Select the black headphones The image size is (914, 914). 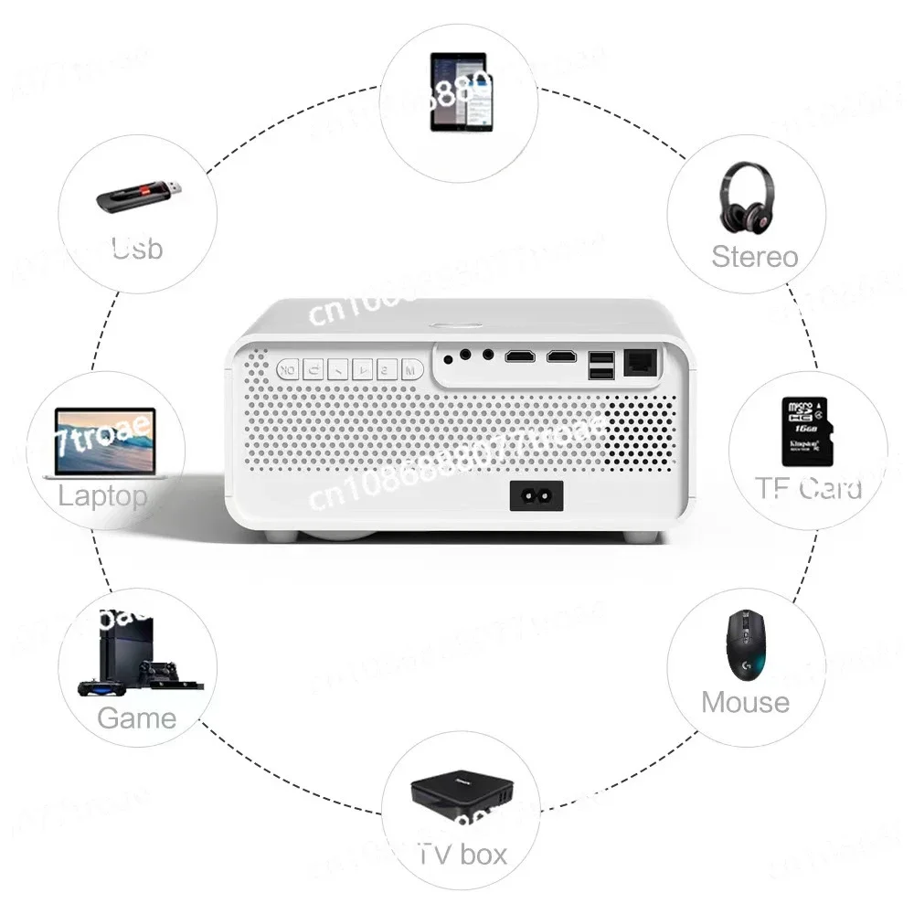[745, 197]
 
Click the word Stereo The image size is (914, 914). [754, 257]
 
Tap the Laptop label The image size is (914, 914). [102, 496]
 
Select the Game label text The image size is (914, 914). [136, 717]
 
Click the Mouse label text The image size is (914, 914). [745, 702]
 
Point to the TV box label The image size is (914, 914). [462, 855]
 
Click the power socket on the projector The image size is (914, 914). [536, 497]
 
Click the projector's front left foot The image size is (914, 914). [281, 534]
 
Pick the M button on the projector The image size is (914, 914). [410, 370]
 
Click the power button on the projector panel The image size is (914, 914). [289, 370]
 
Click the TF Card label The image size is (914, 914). [808, 488]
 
